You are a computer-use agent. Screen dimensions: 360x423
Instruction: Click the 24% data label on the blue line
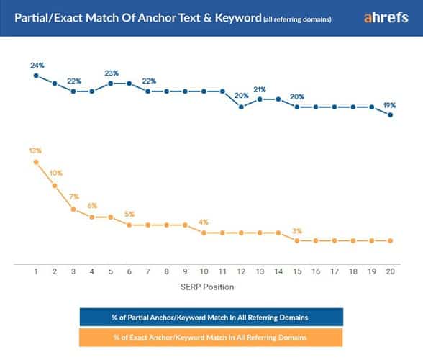[37, 66]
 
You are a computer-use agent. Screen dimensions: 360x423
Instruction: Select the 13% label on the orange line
[36, 151]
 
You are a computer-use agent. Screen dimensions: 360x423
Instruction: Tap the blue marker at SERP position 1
[36, 76]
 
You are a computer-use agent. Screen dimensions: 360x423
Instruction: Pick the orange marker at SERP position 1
[36, 162]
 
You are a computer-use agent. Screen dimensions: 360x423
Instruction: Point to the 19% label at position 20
[389, 104]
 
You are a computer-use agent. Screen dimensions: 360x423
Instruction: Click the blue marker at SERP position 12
[241, 107]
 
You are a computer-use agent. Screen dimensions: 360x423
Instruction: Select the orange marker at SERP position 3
[73, 209]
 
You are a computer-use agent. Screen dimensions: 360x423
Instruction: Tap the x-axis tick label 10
[204, 273]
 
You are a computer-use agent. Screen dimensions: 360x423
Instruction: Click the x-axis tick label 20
[390, 273]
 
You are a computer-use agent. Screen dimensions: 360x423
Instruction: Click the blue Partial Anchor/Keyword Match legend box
[211, 318]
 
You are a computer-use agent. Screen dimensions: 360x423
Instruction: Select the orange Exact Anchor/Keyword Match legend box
[211, 337]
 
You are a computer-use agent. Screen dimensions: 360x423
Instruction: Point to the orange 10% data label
[55, 173]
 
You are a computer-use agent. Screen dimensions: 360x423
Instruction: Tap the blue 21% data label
[260, 89]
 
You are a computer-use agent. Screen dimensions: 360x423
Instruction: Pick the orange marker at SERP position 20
[390, 240]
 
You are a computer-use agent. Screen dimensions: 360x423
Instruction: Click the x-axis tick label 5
[111, 273]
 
